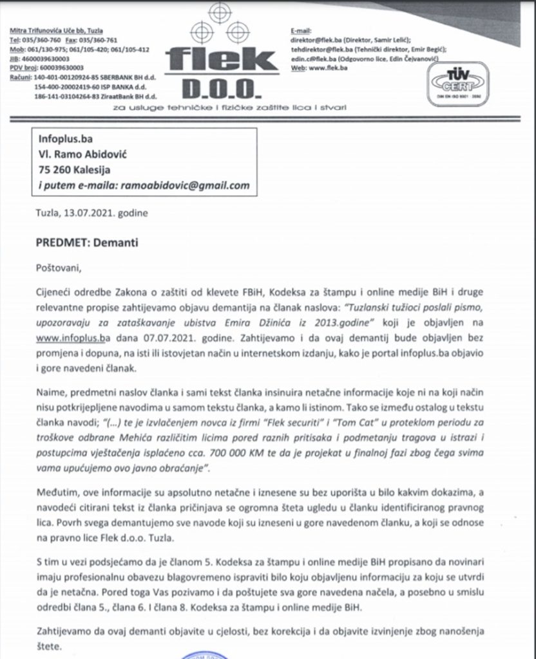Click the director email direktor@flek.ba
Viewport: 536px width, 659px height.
coord(318,39)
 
